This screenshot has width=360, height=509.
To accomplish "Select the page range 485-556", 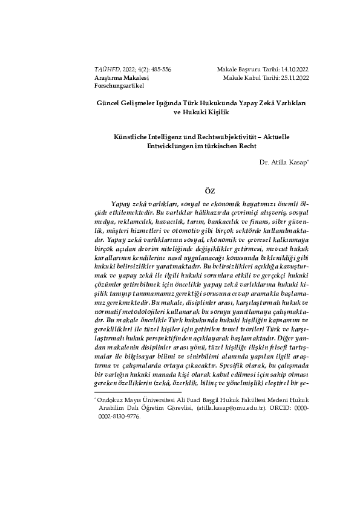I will click(159, 70).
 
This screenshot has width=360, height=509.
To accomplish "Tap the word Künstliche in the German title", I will click(121, 137).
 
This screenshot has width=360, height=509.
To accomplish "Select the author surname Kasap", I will click(298, 162).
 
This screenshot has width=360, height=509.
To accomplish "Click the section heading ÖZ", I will click(201, 191).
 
